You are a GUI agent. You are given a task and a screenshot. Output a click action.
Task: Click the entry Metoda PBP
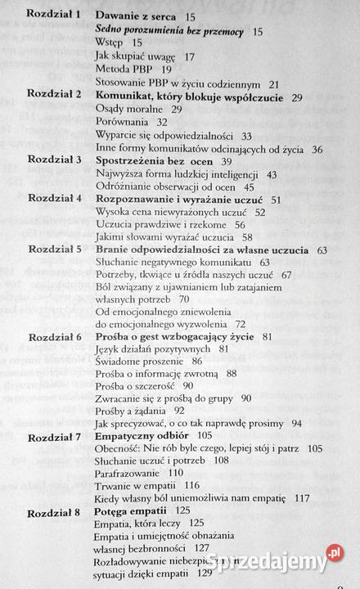point(119,70)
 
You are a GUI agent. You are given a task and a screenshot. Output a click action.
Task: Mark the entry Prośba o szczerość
point(135,385)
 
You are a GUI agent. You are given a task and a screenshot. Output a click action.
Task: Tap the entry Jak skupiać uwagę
point(133,57)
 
